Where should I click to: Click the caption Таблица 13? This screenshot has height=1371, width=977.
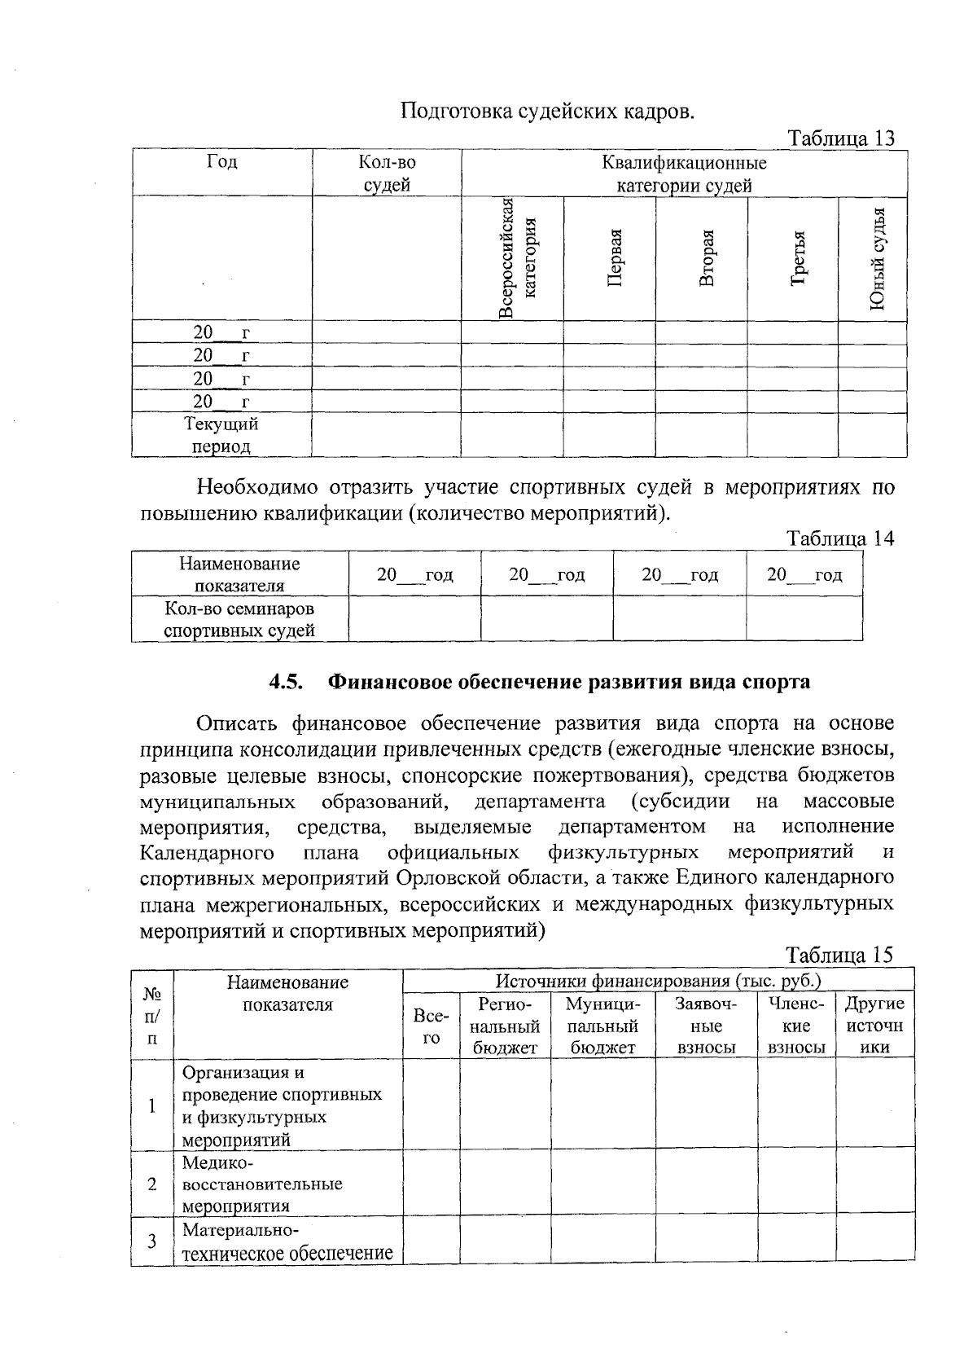(841, 138)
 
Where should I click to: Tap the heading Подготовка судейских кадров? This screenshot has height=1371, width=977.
(548, 112)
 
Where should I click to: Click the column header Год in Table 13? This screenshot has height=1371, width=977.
(221, 162)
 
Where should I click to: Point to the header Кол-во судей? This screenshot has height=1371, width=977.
(387, 173)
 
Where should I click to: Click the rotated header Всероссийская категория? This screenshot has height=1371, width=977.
(519, 257)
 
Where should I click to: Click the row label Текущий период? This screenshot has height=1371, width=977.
(221, 435)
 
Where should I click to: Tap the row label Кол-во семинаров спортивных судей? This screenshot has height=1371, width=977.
(239, 619)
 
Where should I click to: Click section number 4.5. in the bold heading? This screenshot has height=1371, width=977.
(286, 681)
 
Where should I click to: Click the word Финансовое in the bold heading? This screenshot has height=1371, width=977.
(386, 681)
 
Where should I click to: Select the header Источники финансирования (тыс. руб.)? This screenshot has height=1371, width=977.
(658, 981)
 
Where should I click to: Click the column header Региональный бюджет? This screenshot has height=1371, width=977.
(505, 1026)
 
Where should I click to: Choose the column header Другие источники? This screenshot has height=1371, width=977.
(874, 1026)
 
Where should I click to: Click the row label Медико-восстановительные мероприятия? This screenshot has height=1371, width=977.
(261, 1184)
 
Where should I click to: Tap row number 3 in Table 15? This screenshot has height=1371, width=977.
(151, 1241)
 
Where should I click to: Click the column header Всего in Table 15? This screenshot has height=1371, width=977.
(431, 1026)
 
